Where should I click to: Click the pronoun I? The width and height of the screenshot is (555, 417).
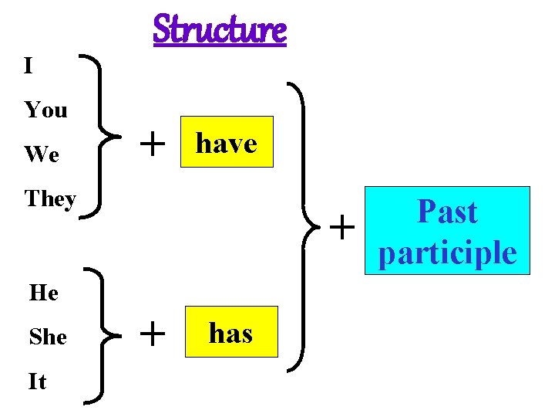coord(29,66)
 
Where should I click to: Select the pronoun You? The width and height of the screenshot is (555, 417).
coord(45,110)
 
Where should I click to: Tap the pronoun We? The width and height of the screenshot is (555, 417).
coord(42,155)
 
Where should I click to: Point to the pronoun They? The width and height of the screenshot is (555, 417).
coord(50,199)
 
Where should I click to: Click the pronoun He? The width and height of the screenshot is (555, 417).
coord(43,293)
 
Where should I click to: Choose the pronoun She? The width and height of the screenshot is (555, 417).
coord(48,337)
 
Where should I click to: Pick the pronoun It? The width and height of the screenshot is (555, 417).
coord(37,381)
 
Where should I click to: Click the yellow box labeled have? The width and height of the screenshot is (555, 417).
coord(227,142)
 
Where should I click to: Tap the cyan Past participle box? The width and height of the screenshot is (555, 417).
coord(448,231)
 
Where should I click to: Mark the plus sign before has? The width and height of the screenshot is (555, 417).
coord(154,334)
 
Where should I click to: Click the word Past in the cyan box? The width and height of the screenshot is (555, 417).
coord(447,212)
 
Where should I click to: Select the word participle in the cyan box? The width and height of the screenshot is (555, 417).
coord(448,253)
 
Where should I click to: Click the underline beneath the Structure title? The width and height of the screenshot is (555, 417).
coord(220,46)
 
